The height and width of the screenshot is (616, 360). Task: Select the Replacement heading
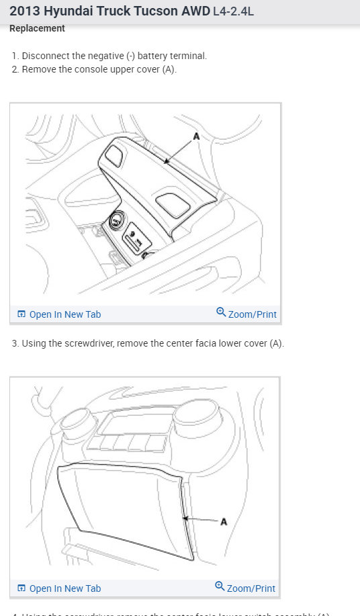37,29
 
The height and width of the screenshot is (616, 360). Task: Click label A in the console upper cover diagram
196,136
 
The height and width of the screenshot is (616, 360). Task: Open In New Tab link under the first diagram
64,314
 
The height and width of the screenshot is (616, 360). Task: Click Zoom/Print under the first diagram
252,314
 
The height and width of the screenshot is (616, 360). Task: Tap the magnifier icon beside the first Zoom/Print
221,312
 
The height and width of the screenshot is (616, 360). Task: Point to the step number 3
15,343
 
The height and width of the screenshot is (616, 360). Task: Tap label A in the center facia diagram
224,522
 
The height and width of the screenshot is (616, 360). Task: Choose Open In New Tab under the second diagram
64,588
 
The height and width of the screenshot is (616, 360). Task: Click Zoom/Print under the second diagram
251,588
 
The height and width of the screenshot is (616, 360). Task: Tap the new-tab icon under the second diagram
21,588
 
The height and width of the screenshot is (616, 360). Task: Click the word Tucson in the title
142,11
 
